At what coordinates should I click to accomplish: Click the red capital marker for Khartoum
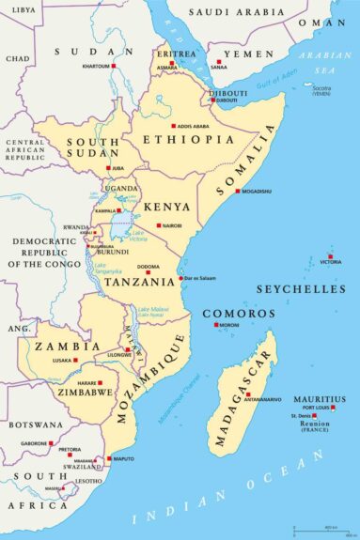click(114, 67)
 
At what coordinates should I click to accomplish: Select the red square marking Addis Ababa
click(173, 125)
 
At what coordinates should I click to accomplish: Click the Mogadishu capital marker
click(238, 191)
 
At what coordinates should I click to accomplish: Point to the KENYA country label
click(166, 207)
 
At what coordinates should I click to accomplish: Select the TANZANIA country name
click(137, 281)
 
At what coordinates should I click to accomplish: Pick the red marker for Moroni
click(217, 325)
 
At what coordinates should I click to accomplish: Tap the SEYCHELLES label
click(300, 290)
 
